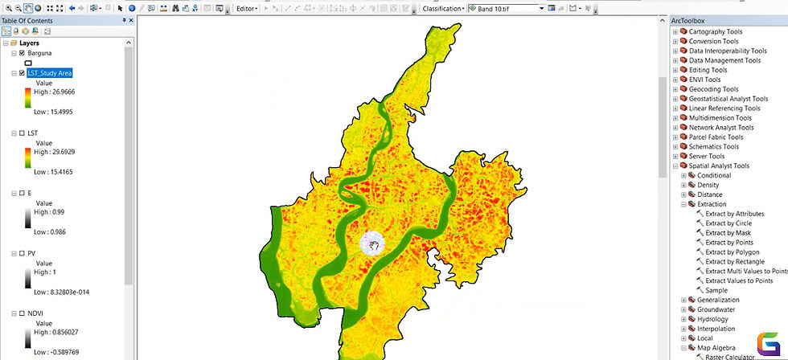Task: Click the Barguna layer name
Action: pyautogui.click(x=39, y=52)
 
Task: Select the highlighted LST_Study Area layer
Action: pyautogui.click(x=49, y=73)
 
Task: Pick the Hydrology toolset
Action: pyautogui.click(x=712, y=319)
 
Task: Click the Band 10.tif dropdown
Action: pyautogui.click(x=507, y=9)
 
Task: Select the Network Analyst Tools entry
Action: pyautogui.click(x=721, y=127)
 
